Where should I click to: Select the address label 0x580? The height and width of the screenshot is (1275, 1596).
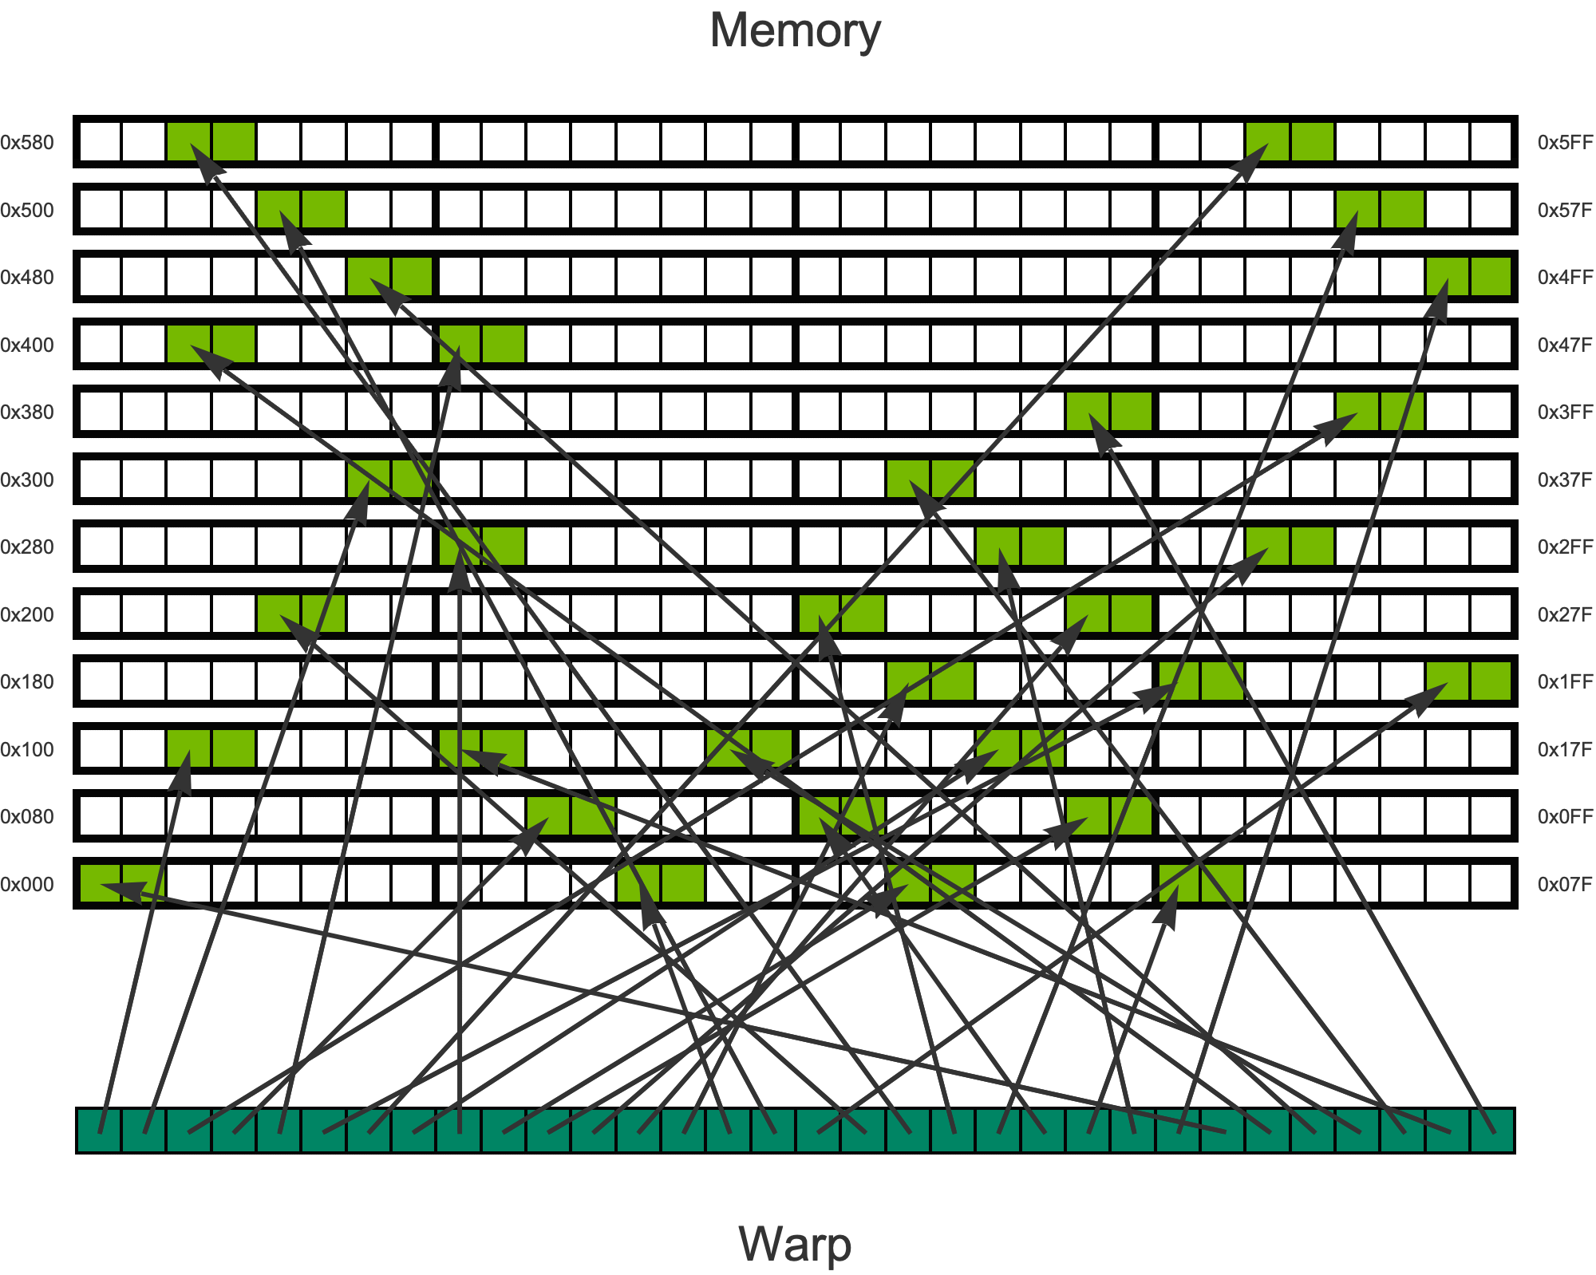pyautogui.click(x=27, y=143)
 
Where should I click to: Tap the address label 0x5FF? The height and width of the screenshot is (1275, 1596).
pyautogui.click(x=1565, y=143)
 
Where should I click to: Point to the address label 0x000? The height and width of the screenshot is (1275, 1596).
pyautogui.click(x=27, y=884)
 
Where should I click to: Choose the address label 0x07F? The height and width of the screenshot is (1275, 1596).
pyautogui.click(x=1565, y=884)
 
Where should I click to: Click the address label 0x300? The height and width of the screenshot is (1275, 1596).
pyautogui.click(x=27, y=480)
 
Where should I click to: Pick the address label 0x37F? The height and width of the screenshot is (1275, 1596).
pyautogui.click(x=1565, y=480)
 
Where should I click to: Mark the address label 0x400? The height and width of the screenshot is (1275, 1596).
pyautogui.click(x=27, y=345)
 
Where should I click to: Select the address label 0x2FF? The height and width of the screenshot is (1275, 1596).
pyautogui.click(x=1565, y=547)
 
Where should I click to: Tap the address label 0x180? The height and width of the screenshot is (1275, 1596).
pyautogui.click(x=27, y=682)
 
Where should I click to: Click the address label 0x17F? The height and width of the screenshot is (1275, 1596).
pyautogui.click(x=1565, y=750)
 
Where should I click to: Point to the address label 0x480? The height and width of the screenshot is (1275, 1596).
pyautogui.click(x=27, y=278)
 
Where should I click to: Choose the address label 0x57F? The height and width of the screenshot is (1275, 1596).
pyautogui.click(x=1565, y=211)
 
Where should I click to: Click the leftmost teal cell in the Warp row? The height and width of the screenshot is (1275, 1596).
pyautogui.click(x=99, y=1131)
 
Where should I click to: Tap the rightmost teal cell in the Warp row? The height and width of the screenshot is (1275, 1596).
pyautogui.click(x=1492, y=1131)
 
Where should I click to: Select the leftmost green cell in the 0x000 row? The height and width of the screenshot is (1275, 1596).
pyautogui.click(x=101, y=884)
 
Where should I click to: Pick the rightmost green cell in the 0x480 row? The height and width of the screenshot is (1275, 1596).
pyautogui.click(x=1491, y=278)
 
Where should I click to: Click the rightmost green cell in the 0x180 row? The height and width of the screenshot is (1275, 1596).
pyautogui.click(x=1491, y=682)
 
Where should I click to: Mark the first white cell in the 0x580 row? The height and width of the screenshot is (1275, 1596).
pyautogui.click(x=101, y=143)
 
